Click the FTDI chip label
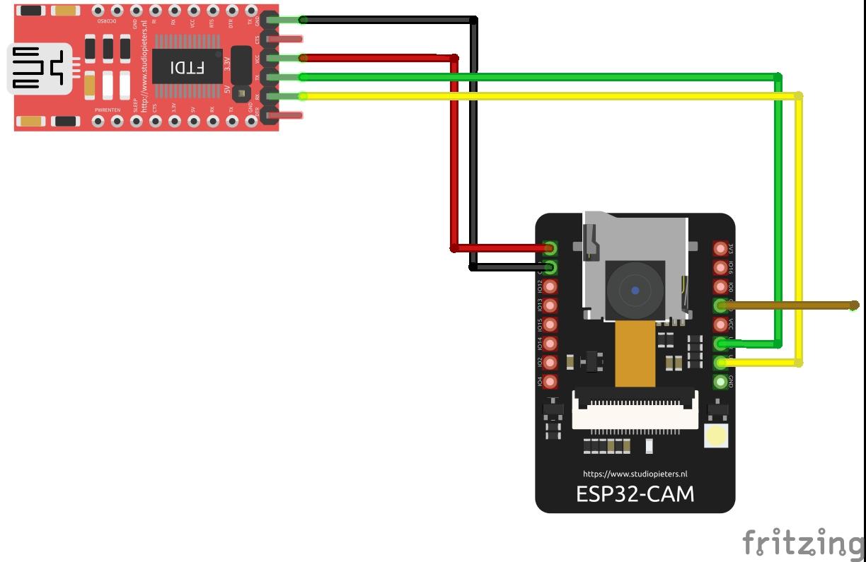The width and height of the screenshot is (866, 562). (187, 68)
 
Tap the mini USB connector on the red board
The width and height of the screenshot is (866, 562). (39, 69)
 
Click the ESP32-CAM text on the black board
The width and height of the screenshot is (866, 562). (635, 493)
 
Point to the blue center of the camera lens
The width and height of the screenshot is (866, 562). (635, 290)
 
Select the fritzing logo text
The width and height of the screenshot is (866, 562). (803, 543)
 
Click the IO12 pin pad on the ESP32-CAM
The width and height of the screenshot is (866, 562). (549, 286)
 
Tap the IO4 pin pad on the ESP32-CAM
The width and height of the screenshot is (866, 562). (549, 382)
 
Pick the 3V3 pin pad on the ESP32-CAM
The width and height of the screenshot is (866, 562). (721, 248)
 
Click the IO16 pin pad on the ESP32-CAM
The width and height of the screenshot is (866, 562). (721, 267)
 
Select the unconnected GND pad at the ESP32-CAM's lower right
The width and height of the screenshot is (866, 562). (721, 382)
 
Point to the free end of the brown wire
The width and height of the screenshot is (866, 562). (855, 305)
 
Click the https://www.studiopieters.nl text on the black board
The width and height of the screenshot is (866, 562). (635, 474)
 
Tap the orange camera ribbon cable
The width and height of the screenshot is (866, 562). (635, 353)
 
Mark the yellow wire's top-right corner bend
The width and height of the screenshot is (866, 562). (799, 95)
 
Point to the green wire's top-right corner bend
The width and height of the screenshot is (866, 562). (778, 76)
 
